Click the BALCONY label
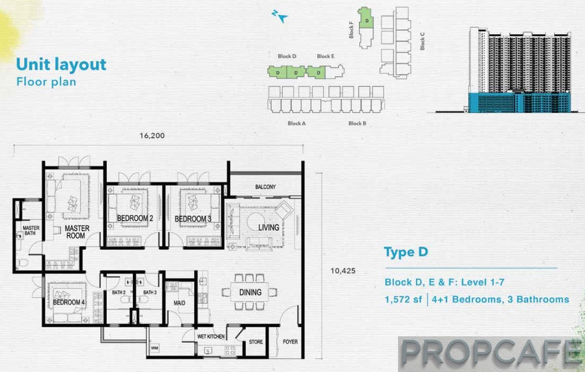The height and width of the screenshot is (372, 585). (x=265, y=187)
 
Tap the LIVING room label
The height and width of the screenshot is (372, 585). (x=269, y=227)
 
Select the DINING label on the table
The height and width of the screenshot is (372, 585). (x=250, y=292)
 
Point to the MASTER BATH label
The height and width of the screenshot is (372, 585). (x=31, y=230)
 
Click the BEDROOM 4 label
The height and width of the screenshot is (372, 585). (x=69, y=302)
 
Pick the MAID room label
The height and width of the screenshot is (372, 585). (x=179, y=303)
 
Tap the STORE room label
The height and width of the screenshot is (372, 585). (x=256, y=342)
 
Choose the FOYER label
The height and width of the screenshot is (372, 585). (x=290, y=342)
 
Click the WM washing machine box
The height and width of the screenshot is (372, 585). (x=155, y=348)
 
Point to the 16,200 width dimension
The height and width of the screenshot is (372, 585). (x=152, y=136)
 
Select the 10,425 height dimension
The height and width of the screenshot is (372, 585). (x=343, y=271)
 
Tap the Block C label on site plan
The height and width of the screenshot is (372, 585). (x=422, y=41)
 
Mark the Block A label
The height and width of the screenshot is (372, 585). (x=297, y=124)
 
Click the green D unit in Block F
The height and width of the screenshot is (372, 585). (x=366, y=18)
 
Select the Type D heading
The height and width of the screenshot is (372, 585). (x=406, y=252)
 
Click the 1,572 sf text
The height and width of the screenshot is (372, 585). (x=403, y=300)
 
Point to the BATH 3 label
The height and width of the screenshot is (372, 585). (x=150, y=292)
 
